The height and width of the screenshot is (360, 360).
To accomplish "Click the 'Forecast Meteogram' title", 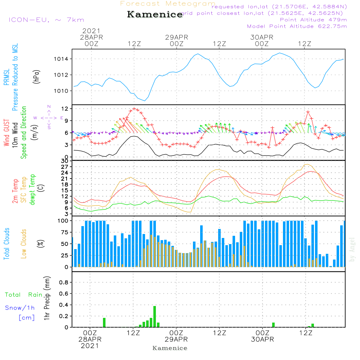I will [x=168, y=4].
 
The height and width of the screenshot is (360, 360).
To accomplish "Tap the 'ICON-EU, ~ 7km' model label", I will [x=46, y=20].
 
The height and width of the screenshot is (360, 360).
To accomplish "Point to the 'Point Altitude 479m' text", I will [x=313, y=19].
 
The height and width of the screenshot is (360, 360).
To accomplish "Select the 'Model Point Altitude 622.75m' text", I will [x=297, y=26].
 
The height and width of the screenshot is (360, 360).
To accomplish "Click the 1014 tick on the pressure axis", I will [x=63, y=59].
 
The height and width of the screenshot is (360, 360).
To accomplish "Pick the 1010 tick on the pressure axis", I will [x=63, y=91].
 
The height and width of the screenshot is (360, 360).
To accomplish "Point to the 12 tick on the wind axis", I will [x=65, y=109].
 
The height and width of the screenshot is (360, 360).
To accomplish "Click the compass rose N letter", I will [x=49, y=107].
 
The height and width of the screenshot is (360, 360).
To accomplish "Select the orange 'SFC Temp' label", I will [x=24, y=190].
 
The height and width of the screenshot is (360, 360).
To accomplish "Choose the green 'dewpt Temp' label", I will [x=32, y=190].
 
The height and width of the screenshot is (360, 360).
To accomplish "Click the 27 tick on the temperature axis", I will [x=65, y=167].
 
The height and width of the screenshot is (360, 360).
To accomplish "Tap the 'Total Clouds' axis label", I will [x=7, y=244].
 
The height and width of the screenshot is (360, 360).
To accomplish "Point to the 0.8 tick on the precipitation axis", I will [x=64, y=283].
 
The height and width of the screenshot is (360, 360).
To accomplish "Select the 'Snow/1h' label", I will [x=20, y=308].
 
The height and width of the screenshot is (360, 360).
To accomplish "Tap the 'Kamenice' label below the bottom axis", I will [x=170, y=348].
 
